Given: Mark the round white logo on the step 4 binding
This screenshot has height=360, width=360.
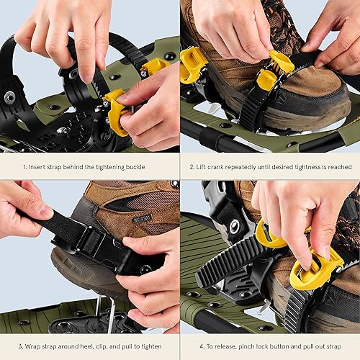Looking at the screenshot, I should [x=235, y=228].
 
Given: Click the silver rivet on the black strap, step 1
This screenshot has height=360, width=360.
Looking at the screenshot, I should [x=9, y=96].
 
